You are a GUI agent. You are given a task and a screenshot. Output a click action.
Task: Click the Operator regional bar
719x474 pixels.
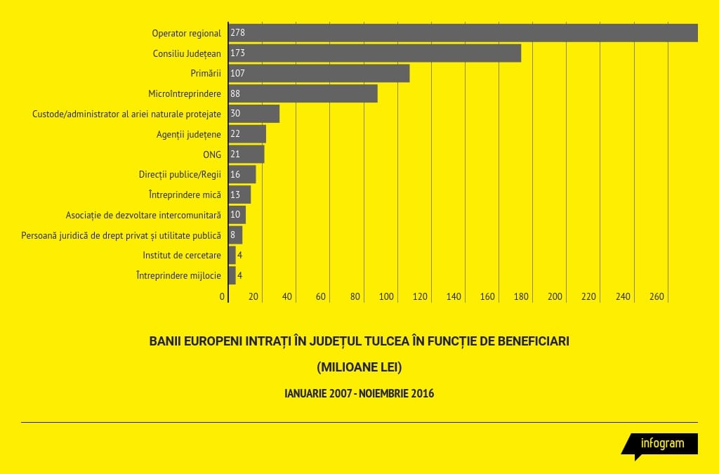tap(463, 33)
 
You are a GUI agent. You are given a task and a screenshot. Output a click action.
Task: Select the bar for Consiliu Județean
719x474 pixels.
tap(375, 53)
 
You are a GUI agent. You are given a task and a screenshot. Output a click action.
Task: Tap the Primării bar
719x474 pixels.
tap(319, 73)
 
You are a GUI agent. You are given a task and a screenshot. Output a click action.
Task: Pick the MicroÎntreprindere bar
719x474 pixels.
tap(303, 93)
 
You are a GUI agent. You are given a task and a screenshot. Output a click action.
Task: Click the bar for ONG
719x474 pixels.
tap(246, 154)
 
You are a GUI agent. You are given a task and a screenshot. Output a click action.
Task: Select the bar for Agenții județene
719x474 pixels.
tap(247, 134)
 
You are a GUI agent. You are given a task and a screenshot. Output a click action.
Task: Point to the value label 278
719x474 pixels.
tap(237, 33)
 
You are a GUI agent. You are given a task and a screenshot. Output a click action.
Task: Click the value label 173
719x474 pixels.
tap(237, 53)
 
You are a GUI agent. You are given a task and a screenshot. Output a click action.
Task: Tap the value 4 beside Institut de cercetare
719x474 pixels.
tap(240, 255)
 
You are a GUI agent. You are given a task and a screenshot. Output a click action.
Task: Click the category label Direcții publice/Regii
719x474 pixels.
tap(180, 174)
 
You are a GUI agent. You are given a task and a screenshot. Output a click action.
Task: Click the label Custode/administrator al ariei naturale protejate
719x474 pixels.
tap(126, 114)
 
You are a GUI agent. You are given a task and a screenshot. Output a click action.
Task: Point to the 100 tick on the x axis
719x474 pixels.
tap(386, 297)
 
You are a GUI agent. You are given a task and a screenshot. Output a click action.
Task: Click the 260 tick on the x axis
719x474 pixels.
tap(657, 297)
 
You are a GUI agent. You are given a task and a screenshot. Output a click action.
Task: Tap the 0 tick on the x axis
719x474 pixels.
tap(223, 297)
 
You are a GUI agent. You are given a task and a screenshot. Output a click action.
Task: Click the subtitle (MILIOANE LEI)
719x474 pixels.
tap(359, 367)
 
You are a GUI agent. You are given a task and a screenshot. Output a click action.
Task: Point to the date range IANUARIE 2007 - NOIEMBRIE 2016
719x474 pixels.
tap(359, 393)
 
